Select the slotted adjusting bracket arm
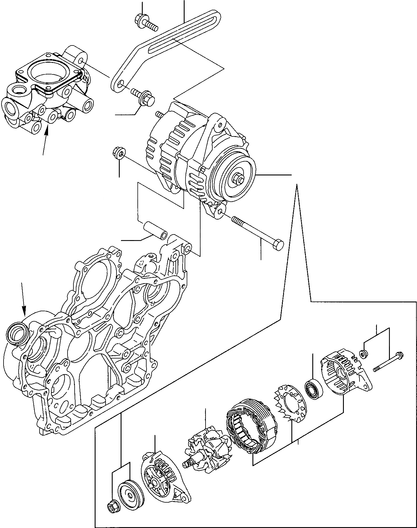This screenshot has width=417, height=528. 165,44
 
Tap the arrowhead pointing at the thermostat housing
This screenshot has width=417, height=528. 46,132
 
